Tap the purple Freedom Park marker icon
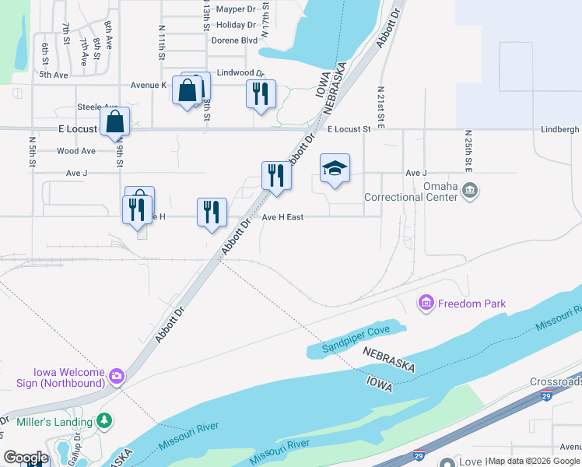tap(426, 303)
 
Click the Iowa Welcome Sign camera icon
tap(116, 377)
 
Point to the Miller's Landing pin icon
tap(103, 421)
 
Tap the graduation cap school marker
tap(335, 168)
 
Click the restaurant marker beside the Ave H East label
tap(212, 212)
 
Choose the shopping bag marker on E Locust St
tap(115, 122)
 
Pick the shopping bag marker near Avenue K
tap(188, 91)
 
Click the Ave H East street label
tap(282, 217)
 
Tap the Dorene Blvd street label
tap(233, 40)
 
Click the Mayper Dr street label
tap(236, 9)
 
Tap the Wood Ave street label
tap(76, 151)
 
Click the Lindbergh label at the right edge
tap(560, 129)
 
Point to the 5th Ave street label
tap(54, 75)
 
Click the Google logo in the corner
tap(25, 458)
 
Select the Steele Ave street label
tap(97, 107)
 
